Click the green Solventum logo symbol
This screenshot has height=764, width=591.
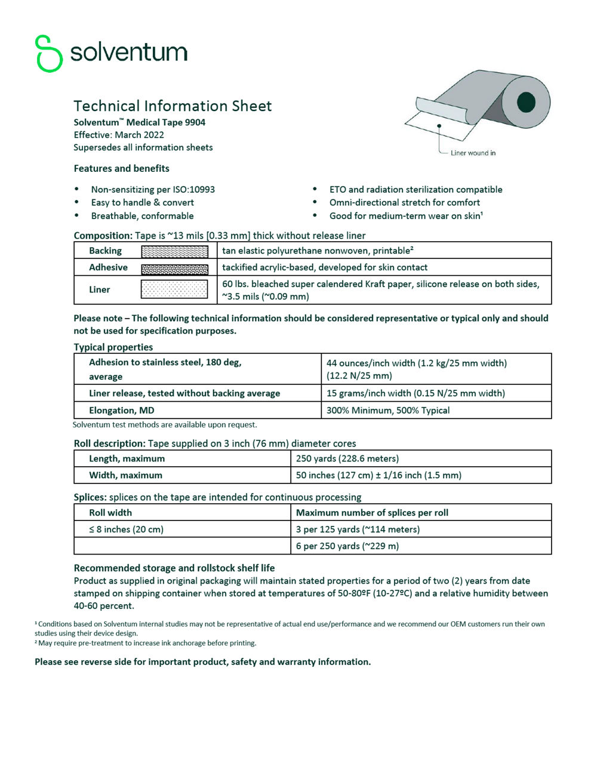coord(48,53)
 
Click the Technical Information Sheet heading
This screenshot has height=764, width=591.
coord(173,106)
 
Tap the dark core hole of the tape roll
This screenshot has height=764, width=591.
coord(525,102)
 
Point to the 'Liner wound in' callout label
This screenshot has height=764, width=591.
coord(473,153)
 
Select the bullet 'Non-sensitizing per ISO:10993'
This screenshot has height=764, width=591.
coord(153,189)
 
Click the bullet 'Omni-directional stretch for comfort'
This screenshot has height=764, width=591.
coord(404,202)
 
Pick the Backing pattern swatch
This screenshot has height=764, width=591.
coord(174,251)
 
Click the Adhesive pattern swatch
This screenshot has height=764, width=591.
coord(174,268)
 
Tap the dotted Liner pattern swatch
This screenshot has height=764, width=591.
coord(174,289)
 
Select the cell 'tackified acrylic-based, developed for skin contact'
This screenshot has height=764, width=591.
coord(325,267)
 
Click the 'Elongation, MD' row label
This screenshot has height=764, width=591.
coord(122,410)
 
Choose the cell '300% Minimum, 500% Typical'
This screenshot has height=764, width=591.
coord(388,410)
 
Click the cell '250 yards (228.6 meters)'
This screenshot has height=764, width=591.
coord(347,458)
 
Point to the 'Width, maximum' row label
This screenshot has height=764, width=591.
coord(125,475)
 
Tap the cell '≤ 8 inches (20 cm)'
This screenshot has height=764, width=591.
coord(127,529)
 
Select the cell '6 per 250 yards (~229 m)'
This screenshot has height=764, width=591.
coord(347,546)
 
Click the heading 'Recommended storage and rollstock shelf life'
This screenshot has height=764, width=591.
coord(174,568)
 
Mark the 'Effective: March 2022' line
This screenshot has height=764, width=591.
coord(119,135)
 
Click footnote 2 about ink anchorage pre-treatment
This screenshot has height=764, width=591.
coord(146,643)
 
